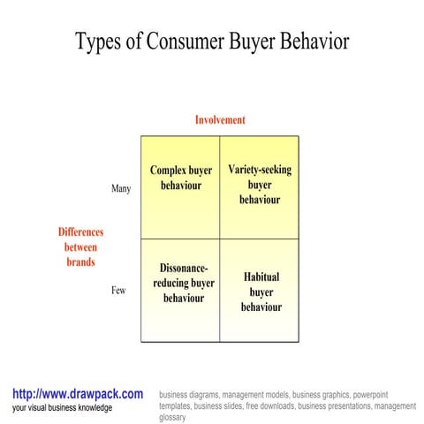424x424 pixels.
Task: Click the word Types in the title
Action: pos(99,42)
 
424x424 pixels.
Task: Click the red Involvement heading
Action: pos(220,120)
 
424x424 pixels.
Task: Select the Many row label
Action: pos(121,189)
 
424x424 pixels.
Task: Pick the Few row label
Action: pos(118,290)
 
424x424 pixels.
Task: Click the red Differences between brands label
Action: pos(80,247)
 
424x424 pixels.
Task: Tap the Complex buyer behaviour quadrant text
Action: pos(181,178)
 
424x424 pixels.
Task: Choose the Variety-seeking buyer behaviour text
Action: pos(260,185)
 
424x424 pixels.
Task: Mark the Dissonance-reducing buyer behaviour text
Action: pos(184,283)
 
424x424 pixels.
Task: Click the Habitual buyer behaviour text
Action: pos(261,291)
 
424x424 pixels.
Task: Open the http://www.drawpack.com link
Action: pos(78,394)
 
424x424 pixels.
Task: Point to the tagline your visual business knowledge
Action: pos(63,408)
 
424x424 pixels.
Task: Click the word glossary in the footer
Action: pos(174,417)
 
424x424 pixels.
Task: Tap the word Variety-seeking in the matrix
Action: pos(260,170)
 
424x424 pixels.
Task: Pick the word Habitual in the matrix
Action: pos(261,276)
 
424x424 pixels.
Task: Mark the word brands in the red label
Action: pos(80,262)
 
